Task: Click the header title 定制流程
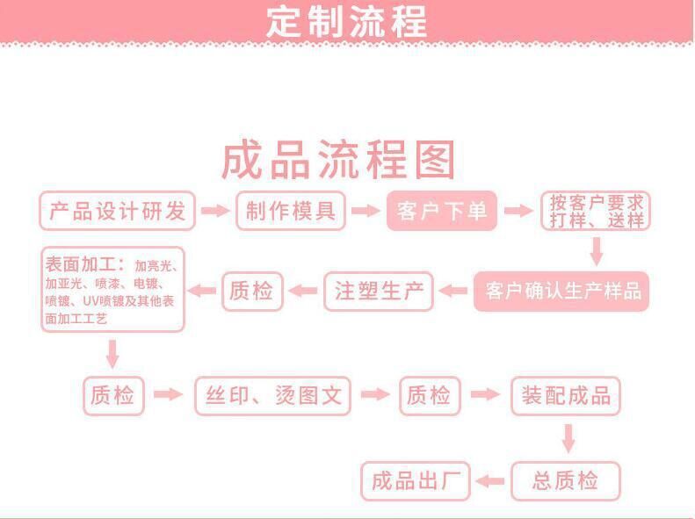[346, 21]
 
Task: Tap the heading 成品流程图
[338, 160]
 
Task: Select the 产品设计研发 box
[117, 212]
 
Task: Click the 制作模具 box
[290, 212]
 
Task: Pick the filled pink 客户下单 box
[441, 212]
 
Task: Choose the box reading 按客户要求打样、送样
[596, 212]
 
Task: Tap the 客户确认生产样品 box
[561, 292]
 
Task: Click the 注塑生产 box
[379, 291]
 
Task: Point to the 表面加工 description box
[113, 289]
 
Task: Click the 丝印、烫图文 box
[272, 395]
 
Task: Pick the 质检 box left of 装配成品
[429, 395]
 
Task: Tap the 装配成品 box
[566, 395]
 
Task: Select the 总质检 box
[565, 481]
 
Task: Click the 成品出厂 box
[416, 481]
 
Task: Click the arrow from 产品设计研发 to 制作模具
[214, 211]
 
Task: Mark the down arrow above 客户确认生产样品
[597, 251]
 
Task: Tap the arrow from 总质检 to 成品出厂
[490, 481]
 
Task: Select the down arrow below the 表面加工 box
[112, 353]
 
